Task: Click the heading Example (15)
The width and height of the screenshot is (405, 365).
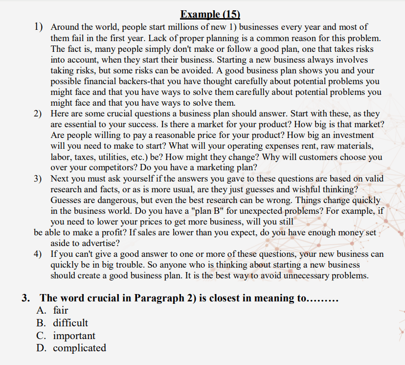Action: point(210,15)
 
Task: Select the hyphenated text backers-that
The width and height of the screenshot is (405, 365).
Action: point(140,81)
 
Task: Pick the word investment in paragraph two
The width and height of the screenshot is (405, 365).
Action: point(350,135)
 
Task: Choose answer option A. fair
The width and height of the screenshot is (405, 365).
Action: point(53,310)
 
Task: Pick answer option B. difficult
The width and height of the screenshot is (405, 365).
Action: point(63,323)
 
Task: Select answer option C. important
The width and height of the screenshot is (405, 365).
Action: point(66,336)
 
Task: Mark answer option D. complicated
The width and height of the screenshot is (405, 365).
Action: point(71,348)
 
